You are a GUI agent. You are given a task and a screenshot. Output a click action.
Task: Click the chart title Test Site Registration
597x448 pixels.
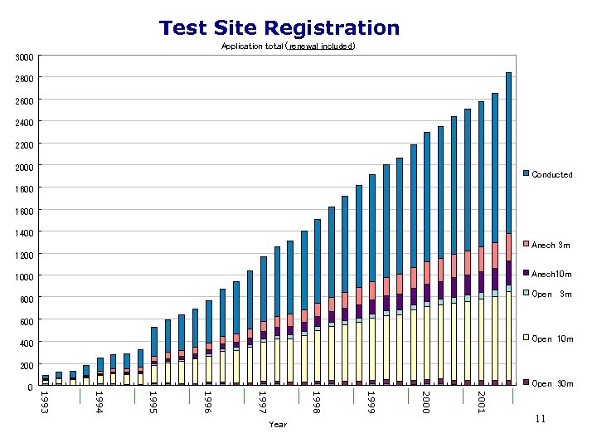279,28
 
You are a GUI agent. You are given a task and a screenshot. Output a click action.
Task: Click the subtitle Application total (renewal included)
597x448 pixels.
288,46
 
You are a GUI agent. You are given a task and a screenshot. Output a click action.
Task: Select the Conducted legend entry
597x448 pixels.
551,174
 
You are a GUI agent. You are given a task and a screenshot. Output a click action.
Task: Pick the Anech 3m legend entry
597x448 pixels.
551,245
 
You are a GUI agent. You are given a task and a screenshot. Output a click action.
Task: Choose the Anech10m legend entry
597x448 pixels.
551,274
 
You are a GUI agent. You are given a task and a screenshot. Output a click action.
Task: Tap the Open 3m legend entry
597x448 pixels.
551,294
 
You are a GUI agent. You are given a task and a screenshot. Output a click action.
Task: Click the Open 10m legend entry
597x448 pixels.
551,338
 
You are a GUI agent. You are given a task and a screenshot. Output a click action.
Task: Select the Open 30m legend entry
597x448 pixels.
551,383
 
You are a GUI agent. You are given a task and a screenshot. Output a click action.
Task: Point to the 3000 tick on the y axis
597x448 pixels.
25,56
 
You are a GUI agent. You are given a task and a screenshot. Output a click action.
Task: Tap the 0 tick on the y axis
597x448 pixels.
30,387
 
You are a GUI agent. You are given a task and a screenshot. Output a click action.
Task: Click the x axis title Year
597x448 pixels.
278,425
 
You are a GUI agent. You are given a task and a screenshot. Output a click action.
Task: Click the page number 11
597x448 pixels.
540,420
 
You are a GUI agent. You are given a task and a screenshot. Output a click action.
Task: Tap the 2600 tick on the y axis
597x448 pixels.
25,100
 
